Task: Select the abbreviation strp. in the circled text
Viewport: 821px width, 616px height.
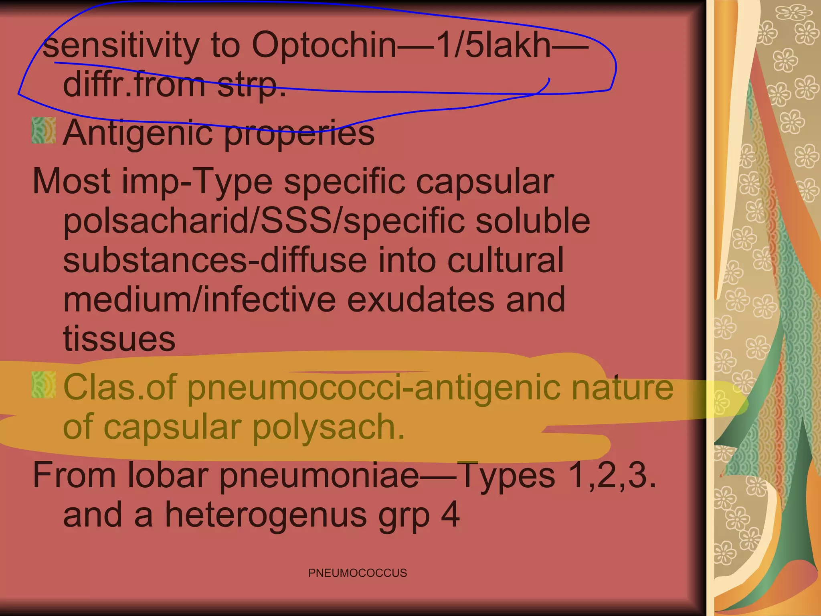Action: click(251, 85)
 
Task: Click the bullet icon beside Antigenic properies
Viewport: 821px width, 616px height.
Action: click(43, 130)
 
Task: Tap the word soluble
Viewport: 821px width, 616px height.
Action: click(533, 221)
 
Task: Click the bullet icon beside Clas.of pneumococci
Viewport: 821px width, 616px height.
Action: click(43, 385)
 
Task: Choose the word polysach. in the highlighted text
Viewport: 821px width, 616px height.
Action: click(329, 427)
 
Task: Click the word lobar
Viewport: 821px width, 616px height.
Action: click(168, 476)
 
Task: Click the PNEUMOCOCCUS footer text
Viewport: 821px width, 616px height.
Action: click(358, 573)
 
